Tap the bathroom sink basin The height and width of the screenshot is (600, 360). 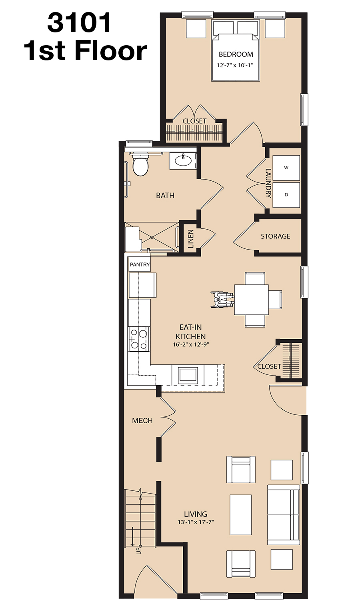[183, 160]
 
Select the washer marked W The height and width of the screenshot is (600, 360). [286, 168]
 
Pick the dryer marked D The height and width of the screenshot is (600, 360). [286, 195]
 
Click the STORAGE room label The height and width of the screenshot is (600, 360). [275, 236]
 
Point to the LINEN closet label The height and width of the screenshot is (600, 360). [190, 239]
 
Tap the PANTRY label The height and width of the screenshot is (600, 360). [140, 265]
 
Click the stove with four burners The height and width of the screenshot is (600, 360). [139, 339]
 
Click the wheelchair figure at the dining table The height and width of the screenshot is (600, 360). [222, 300]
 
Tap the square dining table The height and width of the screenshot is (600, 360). [251, 300]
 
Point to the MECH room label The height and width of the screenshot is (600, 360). [142, 420]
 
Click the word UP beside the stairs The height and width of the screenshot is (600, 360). [138, 550]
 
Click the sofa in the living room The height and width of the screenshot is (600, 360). [283, 514]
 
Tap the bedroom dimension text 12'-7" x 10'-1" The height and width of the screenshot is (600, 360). [235, 65]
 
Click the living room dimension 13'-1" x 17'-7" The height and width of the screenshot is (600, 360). [196, 522]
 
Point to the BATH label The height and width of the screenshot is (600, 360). [165, 196]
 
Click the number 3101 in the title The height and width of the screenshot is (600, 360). [79, 23]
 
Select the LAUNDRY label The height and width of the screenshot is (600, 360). [268, 183]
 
